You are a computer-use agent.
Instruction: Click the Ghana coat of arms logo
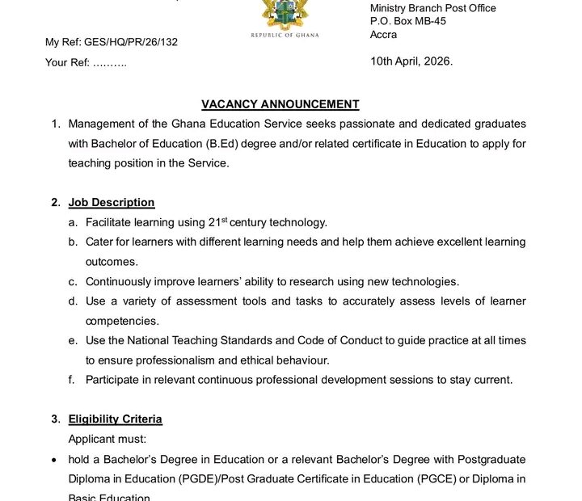[285, 15]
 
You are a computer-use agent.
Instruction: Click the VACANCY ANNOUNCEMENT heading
[280, 104]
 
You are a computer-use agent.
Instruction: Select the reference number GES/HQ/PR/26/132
[131, 42]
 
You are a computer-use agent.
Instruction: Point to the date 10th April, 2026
[411, 61]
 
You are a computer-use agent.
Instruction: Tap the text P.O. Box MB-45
[408, 21]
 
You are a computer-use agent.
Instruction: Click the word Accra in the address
[384, 34]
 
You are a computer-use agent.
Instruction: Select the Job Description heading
[112, 203]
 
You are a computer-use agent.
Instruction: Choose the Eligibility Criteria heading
[115, 419]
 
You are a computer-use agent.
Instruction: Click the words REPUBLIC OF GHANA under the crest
[285, 36]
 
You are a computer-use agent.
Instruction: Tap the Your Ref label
[67, 62]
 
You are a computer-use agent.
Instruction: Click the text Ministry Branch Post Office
[433, 8]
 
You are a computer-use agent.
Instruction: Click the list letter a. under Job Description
[73, 222]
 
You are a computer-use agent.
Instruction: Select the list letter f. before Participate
[72, 380]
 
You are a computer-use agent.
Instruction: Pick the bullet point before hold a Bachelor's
[53, 459]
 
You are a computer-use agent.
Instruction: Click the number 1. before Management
[56, 124]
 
